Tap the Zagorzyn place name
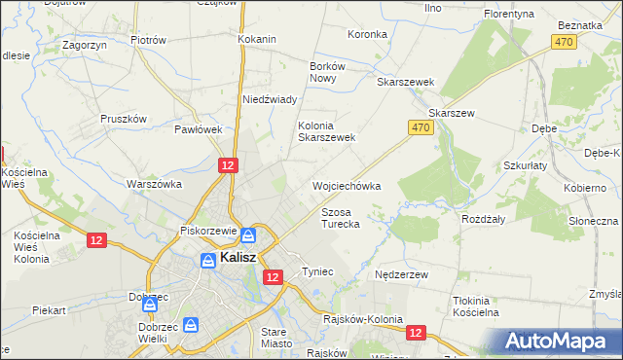point(83,45)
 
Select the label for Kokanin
point(257,39)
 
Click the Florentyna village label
point(512,16)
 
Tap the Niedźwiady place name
point(270,99)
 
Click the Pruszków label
point(124,119)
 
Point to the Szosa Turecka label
point(341,218)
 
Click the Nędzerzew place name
point(402,275)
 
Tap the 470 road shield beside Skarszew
point(420,127)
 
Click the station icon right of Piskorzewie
point(248,234)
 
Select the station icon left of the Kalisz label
point(207,260)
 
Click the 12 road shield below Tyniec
point(273,277)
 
